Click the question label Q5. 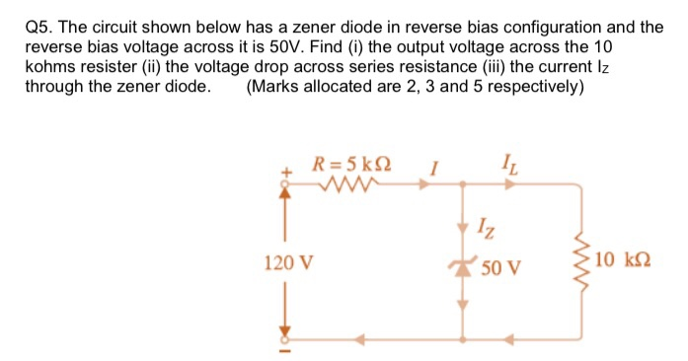tap(38, 27)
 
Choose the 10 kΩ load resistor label tap(625, 260)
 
